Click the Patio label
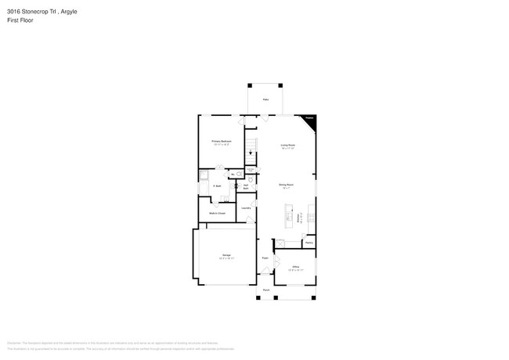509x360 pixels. coord(265,100)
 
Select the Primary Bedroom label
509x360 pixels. coord(221,142)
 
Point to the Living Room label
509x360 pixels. coord(287,146)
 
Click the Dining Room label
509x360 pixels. coord(285,185)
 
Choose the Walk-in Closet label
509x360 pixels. coord(217,213)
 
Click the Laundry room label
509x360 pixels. coord(245,208)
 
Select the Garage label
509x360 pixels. coord(226,255)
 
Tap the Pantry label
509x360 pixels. coord(309,243)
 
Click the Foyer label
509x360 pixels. coord(265,257)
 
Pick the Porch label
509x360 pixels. coord(266,290)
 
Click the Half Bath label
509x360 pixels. coord(246,187)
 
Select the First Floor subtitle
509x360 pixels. coord(20,20)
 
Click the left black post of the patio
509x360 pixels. coord(249,85)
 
